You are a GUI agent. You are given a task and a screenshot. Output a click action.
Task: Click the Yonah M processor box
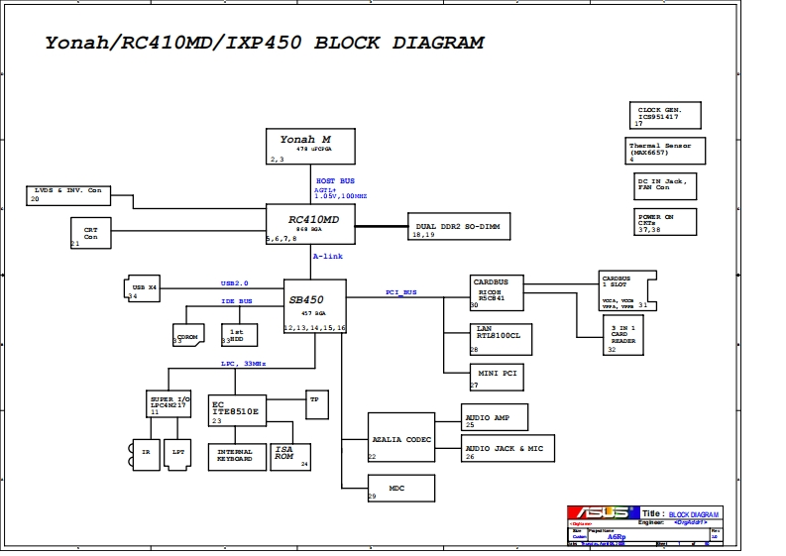[x=310, y=146]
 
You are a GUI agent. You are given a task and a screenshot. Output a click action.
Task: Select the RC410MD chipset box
[x=310, y=224]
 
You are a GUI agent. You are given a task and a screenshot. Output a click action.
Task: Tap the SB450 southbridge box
[x=315, y=305]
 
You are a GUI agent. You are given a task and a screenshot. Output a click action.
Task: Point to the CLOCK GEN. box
[x=663, y=114]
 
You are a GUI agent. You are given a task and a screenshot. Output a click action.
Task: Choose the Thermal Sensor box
[x=666, y=151]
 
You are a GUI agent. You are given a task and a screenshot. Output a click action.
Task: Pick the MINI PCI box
[x=497, y=377]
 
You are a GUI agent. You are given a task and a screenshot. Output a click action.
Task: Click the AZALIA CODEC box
[x=400, y=437]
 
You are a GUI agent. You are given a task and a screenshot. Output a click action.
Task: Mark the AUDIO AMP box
[x=495, y=416]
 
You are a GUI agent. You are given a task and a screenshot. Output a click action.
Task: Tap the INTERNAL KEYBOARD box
[x=235, y=456]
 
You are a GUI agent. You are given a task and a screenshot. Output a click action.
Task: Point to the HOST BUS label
[x=335, y=181]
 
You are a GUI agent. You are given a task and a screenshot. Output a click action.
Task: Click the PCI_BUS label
[x=401, y=292]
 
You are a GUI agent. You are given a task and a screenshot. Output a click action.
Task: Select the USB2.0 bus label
[x=234, y=282]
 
